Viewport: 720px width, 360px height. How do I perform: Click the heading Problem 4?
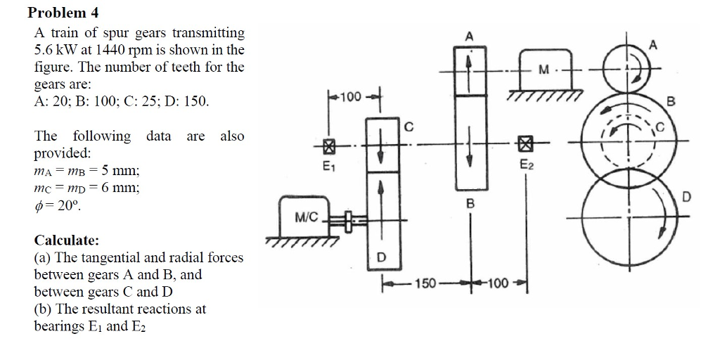(x=58, y=13)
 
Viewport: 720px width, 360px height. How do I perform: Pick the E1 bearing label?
(x=328, y=167)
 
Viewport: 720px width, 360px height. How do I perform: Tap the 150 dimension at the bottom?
(x=425, y=284)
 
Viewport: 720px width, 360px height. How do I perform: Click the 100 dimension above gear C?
(x=349, y=96)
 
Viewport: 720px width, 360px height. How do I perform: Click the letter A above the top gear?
(x=469, y=36)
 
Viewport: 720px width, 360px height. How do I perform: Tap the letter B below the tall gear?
(x=470, y=203)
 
